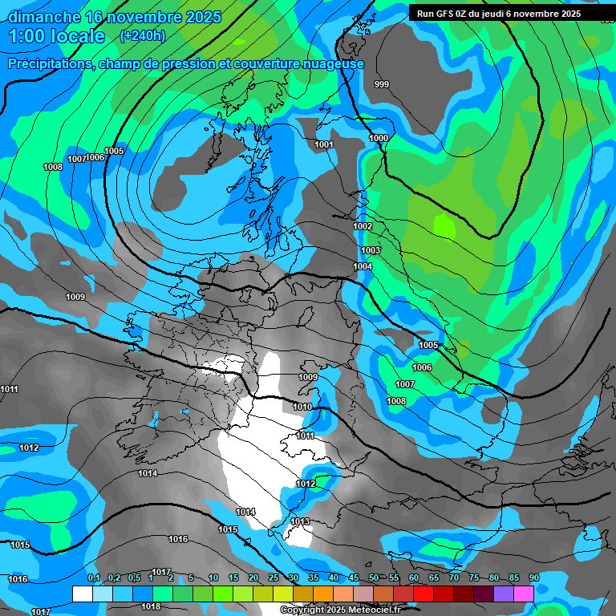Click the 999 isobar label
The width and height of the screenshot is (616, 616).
point(382,84)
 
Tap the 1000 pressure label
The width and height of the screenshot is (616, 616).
point(379,139)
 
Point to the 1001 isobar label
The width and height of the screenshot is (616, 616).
point(324,145)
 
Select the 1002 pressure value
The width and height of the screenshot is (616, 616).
point(363,227)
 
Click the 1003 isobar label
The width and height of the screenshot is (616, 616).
point(371,251)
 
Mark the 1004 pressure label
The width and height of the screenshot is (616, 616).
point(363,267)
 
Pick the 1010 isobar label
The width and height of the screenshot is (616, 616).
point(302,407)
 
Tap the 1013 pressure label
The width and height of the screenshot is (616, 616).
point(300,522)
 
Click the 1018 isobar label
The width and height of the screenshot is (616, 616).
point(151,606)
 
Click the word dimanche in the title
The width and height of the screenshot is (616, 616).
point(41,17)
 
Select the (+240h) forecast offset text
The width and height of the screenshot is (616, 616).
point(142,36)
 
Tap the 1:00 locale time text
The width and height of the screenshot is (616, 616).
point(56,36)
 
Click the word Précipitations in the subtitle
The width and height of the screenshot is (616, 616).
point(49,64)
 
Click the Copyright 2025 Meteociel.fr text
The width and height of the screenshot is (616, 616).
point(339,610)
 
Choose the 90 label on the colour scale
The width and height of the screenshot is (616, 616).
point(533,577)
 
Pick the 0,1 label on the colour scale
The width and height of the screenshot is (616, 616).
point(94,577)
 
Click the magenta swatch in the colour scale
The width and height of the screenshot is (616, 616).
point(524,594)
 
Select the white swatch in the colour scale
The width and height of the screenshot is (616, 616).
point(82,594)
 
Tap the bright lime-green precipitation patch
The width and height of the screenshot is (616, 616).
point(444,225)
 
